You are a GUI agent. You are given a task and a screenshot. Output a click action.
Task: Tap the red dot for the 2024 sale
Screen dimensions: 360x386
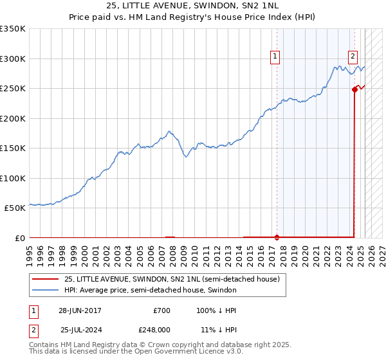click(354, 89)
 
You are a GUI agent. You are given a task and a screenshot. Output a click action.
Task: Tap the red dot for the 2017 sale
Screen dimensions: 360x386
click(277, 237)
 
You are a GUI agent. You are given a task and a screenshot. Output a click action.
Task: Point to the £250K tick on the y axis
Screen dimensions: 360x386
click(13, 88)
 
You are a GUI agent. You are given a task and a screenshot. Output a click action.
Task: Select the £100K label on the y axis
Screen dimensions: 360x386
click(13, 178)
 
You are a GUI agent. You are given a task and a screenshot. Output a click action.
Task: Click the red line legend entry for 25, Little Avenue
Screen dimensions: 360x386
click(172, 279)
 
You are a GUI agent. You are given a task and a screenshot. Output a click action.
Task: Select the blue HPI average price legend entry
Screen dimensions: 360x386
click(151, 290)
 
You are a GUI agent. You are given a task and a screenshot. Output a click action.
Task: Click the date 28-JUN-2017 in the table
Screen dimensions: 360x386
click(80, 310)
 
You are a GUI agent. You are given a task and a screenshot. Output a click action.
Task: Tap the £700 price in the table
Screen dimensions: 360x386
click(161, 310)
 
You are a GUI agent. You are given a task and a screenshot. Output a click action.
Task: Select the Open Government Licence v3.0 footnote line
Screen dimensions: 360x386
click(136, 352)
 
